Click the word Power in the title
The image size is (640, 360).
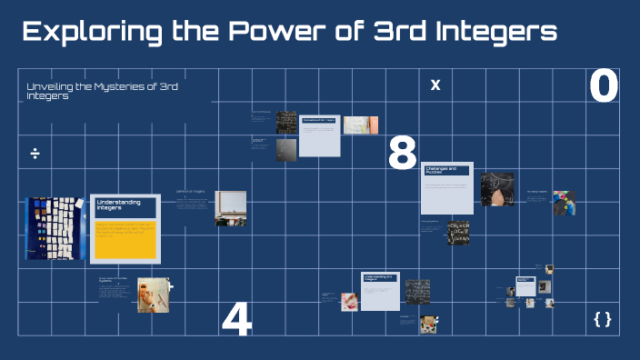275,34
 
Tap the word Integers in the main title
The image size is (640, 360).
492,34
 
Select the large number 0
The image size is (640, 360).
603,87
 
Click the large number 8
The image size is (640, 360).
402,154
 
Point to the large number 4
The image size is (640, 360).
236,319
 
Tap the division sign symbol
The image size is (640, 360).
35,153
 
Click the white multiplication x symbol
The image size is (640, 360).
435,85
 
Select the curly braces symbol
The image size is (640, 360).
602,318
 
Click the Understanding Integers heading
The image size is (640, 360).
114,205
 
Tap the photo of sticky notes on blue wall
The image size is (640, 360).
55,229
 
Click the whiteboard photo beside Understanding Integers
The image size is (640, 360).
230,208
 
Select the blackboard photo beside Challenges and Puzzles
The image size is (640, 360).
497,189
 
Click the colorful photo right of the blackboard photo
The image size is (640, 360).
565,202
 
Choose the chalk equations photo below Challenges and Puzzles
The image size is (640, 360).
457,235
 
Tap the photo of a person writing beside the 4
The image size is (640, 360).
153,295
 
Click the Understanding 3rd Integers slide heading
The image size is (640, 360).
379,277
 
